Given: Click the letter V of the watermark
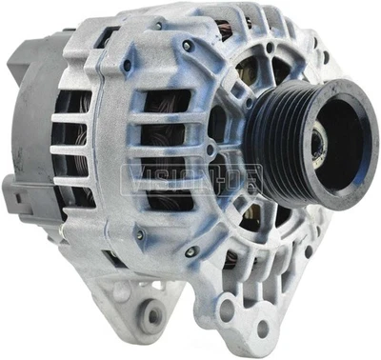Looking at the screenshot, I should pyautogui.click(x=128, y=174).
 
